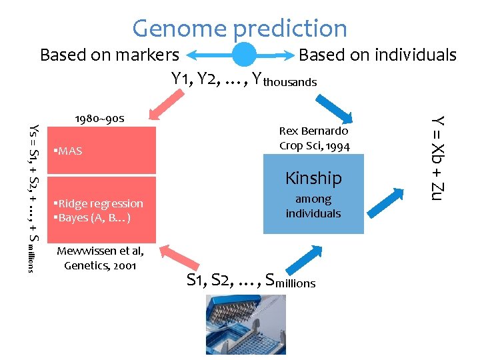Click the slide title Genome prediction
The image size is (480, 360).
240,28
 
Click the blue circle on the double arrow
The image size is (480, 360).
244,55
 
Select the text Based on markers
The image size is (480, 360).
109,55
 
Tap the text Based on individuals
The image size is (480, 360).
377,55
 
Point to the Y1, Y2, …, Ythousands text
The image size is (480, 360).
244,79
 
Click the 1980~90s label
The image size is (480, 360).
99,118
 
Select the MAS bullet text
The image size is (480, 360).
69,151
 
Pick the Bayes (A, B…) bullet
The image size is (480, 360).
96,217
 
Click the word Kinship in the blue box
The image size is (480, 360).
313,178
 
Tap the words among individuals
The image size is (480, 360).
313,206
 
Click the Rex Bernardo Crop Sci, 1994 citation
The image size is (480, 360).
313,138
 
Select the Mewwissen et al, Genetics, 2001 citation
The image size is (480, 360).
100,258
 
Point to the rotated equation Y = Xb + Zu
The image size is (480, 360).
437,157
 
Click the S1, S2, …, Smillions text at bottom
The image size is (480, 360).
251,281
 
